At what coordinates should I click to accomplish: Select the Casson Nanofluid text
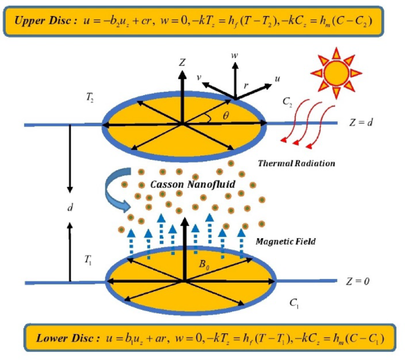184,184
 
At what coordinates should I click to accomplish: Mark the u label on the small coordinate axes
278,77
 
